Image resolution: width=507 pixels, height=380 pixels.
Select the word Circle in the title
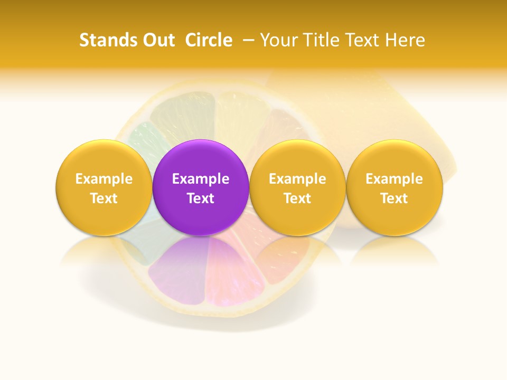click(x=209, y=40)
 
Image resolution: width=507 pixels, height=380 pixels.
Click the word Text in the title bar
click(x=363, y=40)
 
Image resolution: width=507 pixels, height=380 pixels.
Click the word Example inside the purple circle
click(x=201, y=179)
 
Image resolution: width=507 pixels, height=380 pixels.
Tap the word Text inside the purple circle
click(x=201, y=198)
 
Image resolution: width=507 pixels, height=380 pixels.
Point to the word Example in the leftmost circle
click(x=104, y=179)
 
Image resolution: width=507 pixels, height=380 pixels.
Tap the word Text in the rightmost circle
click(x=395, y=198)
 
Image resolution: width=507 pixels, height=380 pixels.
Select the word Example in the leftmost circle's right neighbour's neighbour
click(x=297, y=179)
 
